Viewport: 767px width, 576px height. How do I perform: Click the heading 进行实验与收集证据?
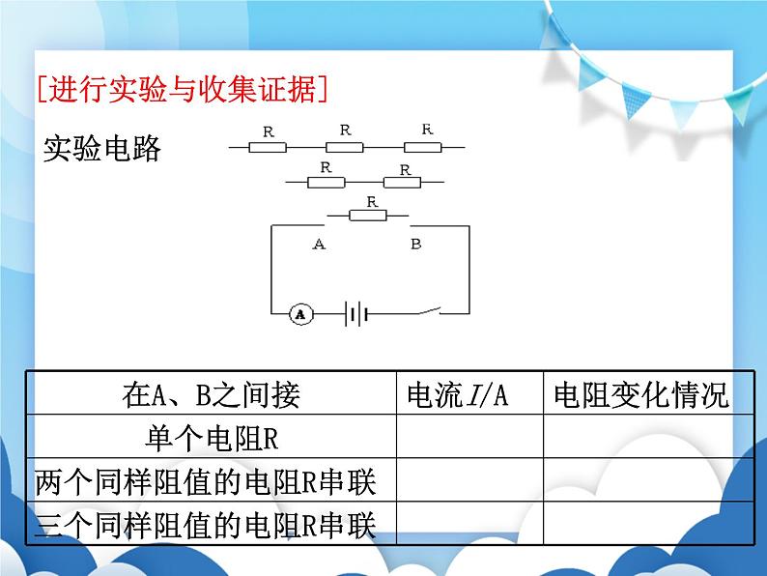point(182,90)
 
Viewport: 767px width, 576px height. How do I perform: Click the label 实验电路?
point(102,149)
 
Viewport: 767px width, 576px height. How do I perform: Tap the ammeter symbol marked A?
point(300,313)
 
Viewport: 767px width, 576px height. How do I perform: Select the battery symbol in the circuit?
point(356,313)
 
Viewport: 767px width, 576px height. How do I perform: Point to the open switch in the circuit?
point(425,310)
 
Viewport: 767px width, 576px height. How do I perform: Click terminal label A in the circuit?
point(319,245)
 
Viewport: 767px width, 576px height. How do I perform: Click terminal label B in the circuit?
point(415,245)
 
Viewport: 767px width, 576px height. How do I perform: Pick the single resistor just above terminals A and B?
point(368,216)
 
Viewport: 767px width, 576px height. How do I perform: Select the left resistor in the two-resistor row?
point(326,181)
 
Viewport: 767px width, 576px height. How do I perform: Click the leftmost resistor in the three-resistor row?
point(268,147)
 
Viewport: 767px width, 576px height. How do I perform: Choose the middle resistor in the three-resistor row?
point(345,147)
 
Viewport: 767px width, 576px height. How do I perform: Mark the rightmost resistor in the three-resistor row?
point(422,147)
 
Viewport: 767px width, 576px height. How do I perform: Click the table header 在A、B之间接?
point(211,394)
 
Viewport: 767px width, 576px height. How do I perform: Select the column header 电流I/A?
point(458,394)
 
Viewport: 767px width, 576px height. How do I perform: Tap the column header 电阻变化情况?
point(641,394)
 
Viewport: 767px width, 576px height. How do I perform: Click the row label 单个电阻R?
point(211,438)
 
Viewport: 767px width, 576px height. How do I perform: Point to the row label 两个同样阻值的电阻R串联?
point(204,480)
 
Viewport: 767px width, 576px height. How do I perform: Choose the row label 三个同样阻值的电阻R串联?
point(204,524)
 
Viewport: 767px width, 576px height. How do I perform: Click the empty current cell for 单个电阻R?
point(469,438)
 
